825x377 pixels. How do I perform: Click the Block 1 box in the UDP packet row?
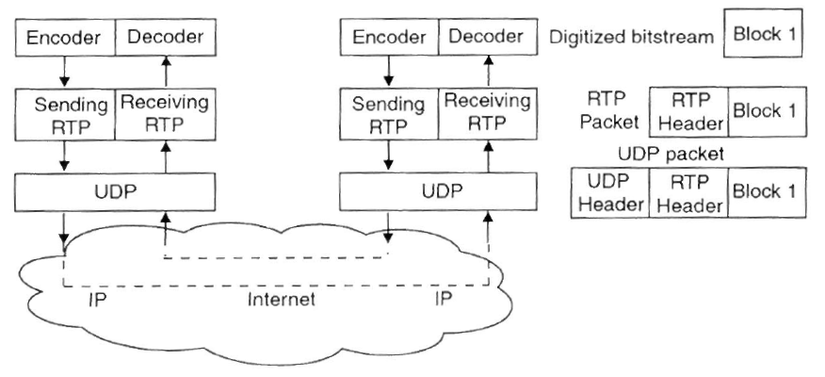(765, 192)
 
